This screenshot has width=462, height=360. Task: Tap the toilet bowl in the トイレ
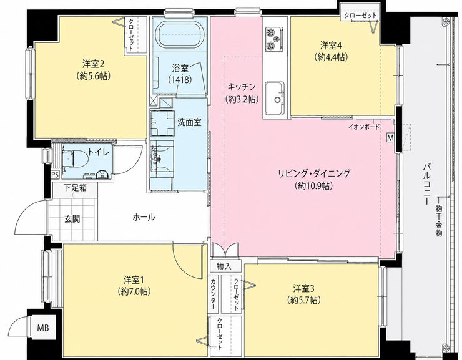coord(76,158)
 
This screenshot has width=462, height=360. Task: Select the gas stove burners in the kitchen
coord(274,38)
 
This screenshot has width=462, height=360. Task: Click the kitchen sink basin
coord(274,99)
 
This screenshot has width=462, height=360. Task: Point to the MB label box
coord(43,328)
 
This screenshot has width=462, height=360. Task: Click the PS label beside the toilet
coord(55,174)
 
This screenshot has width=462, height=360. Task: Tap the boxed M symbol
coord(391,137)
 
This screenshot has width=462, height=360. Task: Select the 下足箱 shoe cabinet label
coord(76,188)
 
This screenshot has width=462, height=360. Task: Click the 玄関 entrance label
coord(72,219)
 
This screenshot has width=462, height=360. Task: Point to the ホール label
coord(144,218)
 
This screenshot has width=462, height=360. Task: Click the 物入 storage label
coord(224,266)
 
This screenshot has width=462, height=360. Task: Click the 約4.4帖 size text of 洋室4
coord(331,57)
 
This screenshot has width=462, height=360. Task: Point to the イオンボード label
coord(364,127)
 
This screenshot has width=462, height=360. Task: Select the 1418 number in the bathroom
coord(180,79)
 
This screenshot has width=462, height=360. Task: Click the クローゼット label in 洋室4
coord(360,16)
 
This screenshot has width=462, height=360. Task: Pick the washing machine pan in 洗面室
coord(162,122)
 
